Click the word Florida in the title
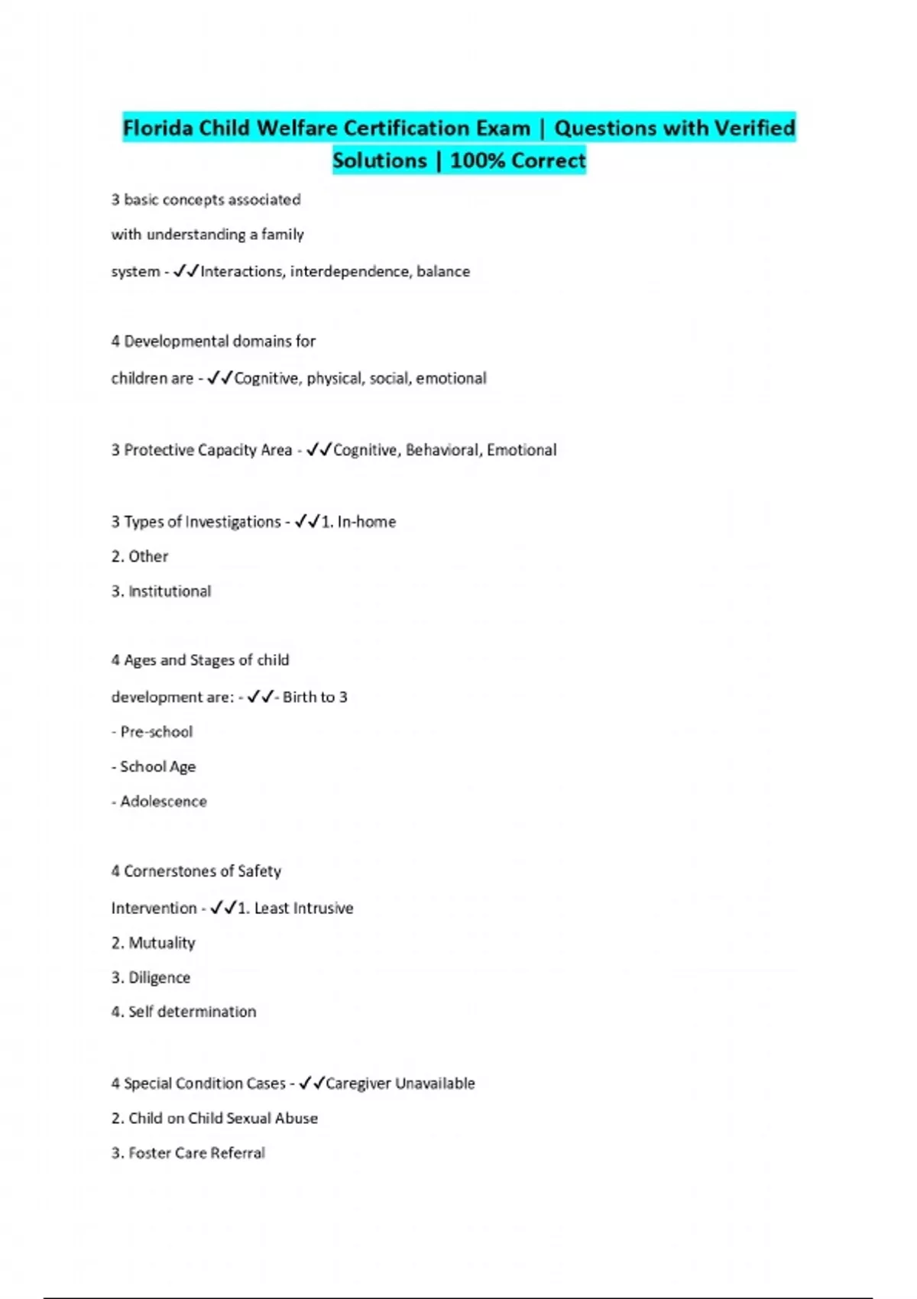157,128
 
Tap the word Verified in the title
754,128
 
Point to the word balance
443,271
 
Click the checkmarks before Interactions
186,271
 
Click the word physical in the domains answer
335,378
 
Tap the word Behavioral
442,450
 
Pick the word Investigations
233,522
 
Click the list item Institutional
170,591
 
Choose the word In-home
367,522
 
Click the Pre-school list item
157,732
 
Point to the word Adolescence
164,802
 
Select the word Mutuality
162,943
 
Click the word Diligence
160,977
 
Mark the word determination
207,1012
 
